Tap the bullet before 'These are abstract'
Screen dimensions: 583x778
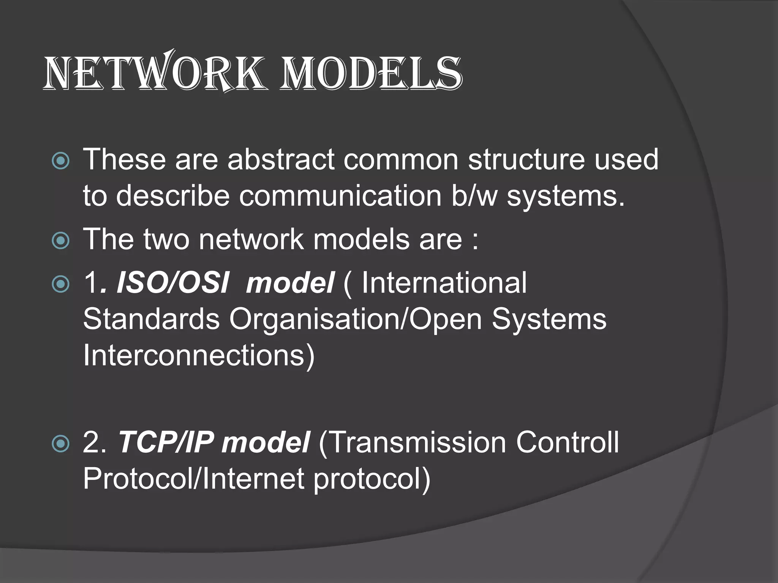click(x=60, y=161)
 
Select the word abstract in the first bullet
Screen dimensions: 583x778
click(x=281, y=159)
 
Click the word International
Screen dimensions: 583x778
click(x=444, y=283)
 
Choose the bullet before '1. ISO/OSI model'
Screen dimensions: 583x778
click(x=60, y=284)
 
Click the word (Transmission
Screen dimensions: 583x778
click(x=412, y=443)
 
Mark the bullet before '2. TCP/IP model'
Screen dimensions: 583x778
click(x=60, y=443)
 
